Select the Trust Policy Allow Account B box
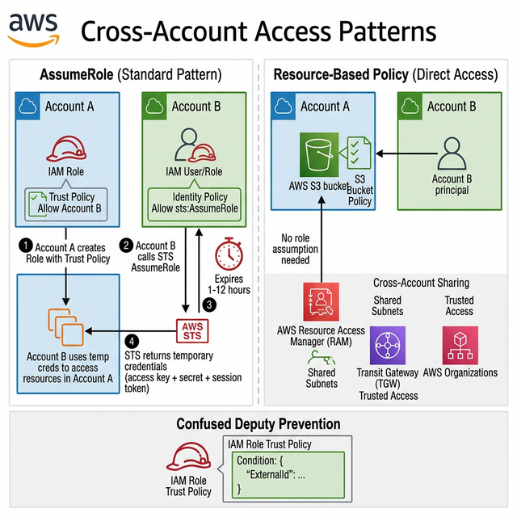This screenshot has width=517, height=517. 69,202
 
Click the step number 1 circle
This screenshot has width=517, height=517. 25,245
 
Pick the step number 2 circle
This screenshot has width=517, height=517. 125,245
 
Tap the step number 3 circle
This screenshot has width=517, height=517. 209,305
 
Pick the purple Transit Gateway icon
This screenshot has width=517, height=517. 387,346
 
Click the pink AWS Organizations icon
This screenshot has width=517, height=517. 460,345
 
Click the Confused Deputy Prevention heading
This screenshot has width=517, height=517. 258,424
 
